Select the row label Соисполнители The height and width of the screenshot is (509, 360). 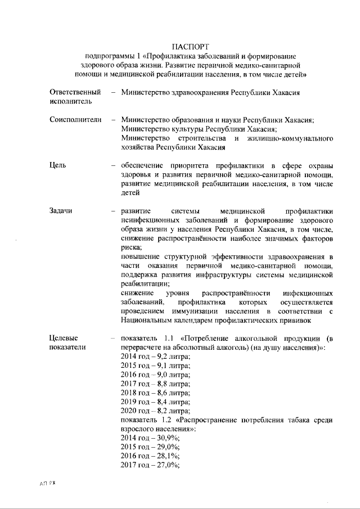[75, 120]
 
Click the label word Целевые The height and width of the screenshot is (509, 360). [64, 338]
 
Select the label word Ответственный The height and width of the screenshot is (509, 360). [75, 92]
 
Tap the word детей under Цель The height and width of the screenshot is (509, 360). [130, 192]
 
